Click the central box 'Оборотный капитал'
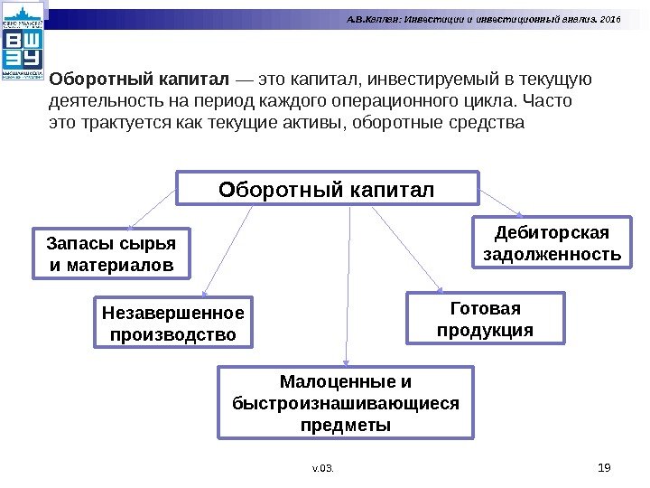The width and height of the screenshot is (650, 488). (327, 189)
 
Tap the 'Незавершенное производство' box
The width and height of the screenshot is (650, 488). (173, 324)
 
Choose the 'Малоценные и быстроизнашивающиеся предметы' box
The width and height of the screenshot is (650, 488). (346, 402)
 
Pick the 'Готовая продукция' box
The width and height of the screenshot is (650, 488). (486, 318)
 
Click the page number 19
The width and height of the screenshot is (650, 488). (606, 466)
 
